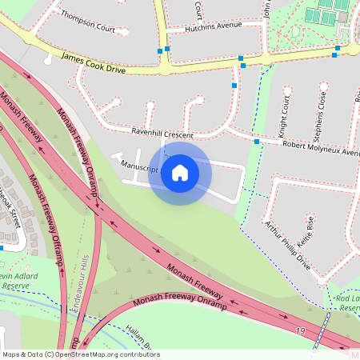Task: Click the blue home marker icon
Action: (x=180, y=172)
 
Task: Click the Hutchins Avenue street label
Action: (x=213, y=25)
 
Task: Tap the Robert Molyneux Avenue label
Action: (x=317, y=148)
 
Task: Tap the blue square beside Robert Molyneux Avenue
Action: (x=257, y=142)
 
